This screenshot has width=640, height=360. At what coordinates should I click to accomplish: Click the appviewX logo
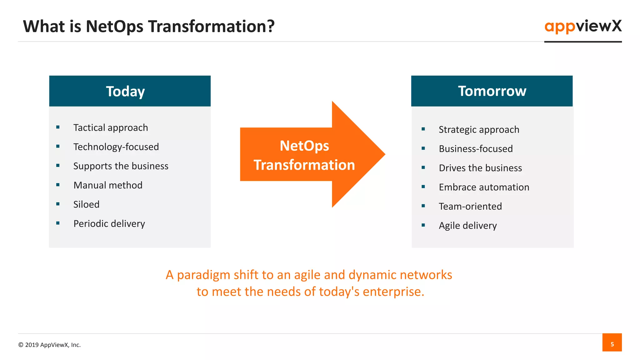pos(583,26)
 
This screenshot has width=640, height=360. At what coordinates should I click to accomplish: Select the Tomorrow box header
pos(492,91)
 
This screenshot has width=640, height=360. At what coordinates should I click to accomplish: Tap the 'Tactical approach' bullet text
pos(111,127)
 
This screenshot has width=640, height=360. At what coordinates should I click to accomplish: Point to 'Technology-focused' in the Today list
pos(116,147)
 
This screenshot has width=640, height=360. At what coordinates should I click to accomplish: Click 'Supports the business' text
pos(121,166)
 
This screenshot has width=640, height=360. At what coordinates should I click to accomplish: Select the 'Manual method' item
pos(108,185)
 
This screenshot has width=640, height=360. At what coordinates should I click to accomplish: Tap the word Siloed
pos(86,204)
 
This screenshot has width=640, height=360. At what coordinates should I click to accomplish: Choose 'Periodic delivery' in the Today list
pos(109,224)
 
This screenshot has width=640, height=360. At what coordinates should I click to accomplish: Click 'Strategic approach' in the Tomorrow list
pos(479,129)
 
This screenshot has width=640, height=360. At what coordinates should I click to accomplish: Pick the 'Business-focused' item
pos(476,149)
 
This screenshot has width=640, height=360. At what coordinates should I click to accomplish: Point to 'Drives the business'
pos(480,168)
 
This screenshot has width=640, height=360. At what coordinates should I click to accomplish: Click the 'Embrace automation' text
pos(484,187)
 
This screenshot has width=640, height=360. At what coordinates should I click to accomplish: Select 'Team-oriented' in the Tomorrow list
pos(470,207)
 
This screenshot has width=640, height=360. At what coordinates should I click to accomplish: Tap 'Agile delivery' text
pos(467,226)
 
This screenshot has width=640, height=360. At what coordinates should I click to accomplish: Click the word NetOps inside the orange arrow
pos(304,146)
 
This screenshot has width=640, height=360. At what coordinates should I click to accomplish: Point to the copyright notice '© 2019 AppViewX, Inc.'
pos(49,345)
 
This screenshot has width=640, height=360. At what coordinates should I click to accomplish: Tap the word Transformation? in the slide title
pos(211,26)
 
